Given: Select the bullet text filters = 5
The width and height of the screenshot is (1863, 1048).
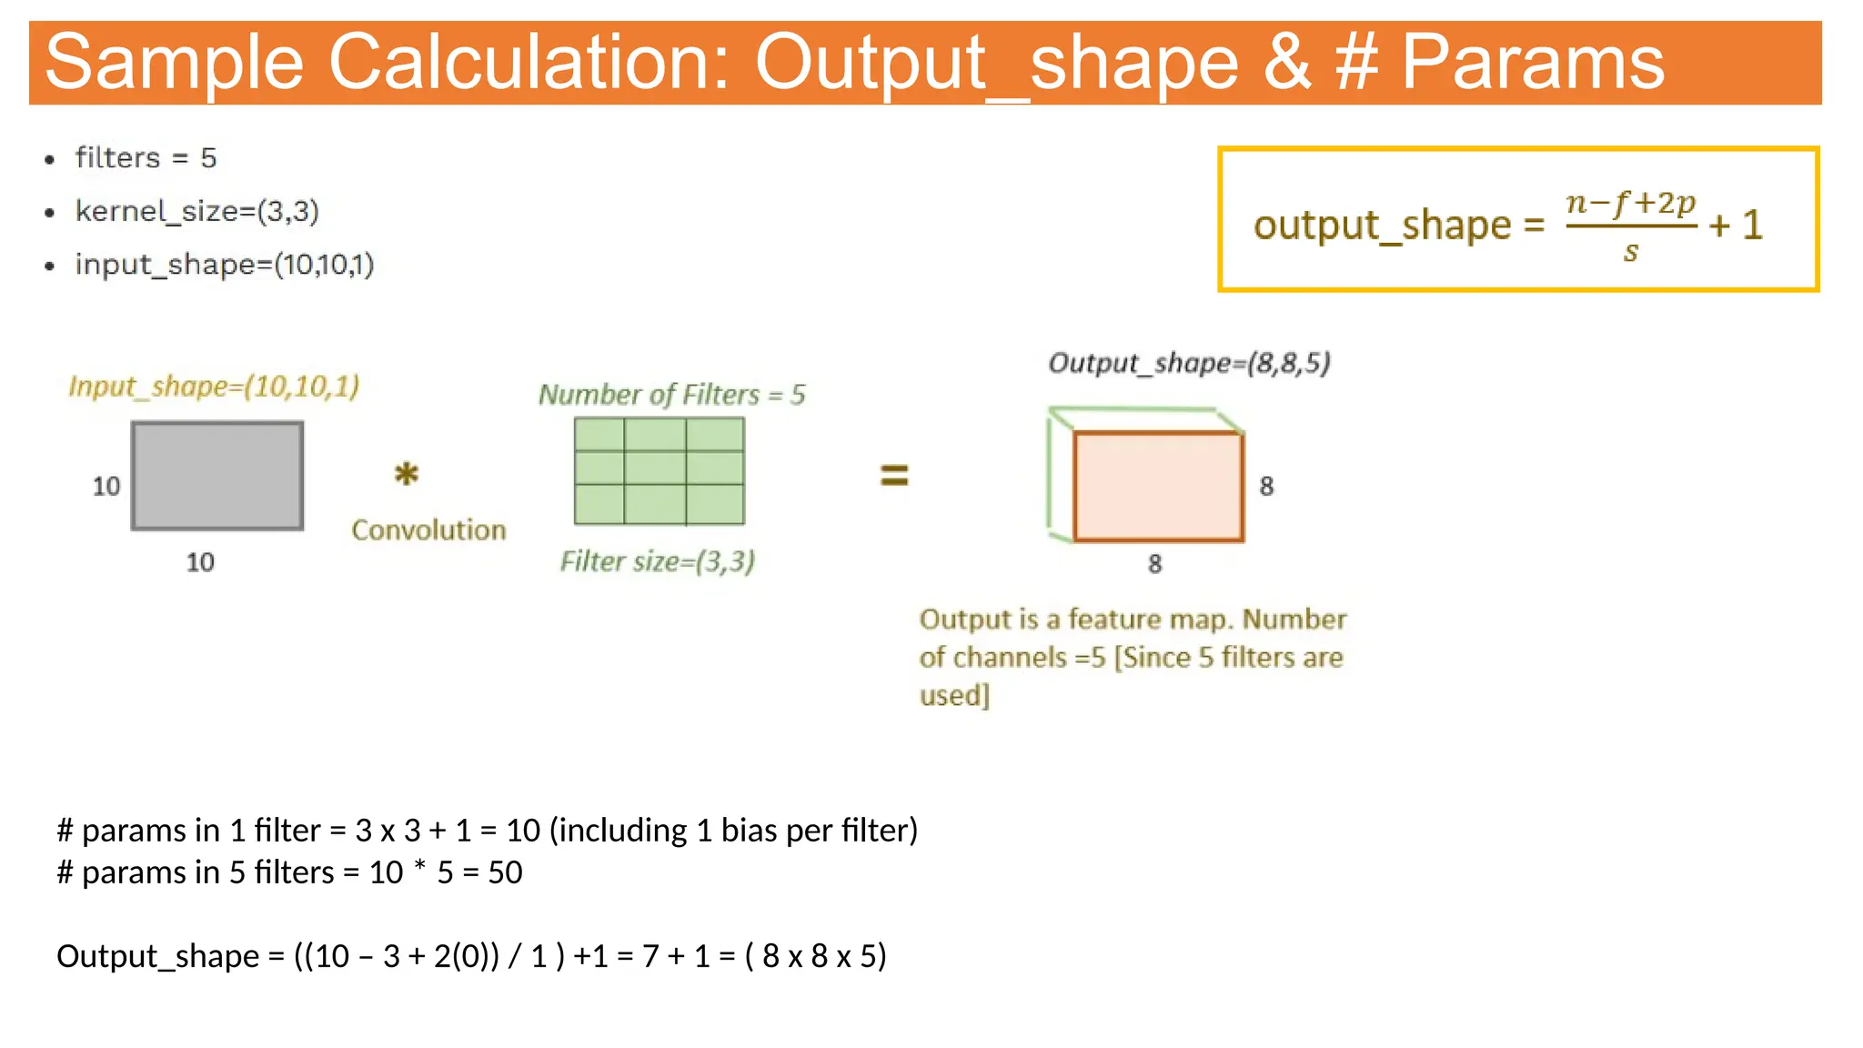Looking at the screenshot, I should (x=146, y=158).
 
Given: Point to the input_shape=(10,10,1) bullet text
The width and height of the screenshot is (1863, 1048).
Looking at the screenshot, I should (x=224, y=265).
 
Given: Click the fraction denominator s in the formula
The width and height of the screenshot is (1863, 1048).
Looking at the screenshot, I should (x=1630, y=252).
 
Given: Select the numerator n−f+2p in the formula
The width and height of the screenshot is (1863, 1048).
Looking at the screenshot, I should (x=1630, y=202).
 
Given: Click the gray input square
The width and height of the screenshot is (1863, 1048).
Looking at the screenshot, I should (x=217, y=475).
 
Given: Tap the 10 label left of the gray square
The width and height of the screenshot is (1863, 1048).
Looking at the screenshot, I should (x=106, y=487).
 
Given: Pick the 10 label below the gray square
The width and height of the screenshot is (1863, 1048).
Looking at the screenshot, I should (x=200, y=562).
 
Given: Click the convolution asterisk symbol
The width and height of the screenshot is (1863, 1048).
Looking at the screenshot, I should (x=406, y=474).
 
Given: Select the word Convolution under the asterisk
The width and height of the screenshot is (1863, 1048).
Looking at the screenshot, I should (x=428, y=530).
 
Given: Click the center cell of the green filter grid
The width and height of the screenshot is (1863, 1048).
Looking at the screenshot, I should (x=655, y=469).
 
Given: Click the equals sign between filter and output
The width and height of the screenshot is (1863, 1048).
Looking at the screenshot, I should (x=894, y=475).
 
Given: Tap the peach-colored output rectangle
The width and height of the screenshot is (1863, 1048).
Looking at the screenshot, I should (x=1157, y=487).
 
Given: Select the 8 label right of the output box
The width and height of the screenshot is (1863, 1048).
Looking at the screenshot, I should (x=1266, y=487).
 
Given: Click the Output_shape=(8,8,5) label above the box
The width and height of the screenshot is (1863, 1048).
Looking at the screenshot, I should (x=1189, y=363).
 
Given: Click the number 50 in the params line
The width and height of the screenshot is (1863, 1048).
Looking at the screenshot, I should (x=505, y=872).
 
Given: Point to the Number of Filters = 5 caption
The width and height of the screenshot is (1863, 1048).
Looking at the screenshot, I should (x=671, y=395).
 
